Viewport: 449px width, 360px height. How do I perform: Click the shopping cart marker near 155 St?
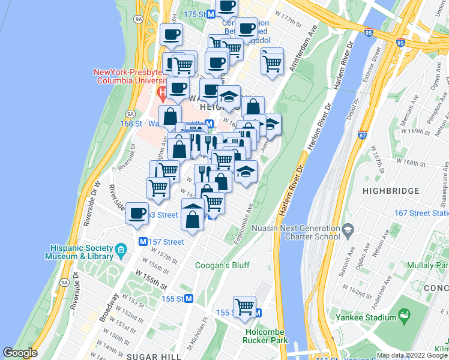(244, 307)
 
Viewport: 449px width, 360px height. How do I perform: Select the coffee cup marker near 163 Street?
(137, 213)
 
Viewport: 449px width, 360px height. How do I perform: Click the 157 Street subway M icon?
(143, 242)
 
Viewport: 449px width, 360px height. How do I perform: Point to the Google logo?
(20, 353)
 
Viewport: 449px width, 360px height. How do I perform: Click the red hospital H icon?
(161, 93)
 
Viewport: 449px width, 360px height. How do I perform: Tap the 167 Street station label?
(422, 213)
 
